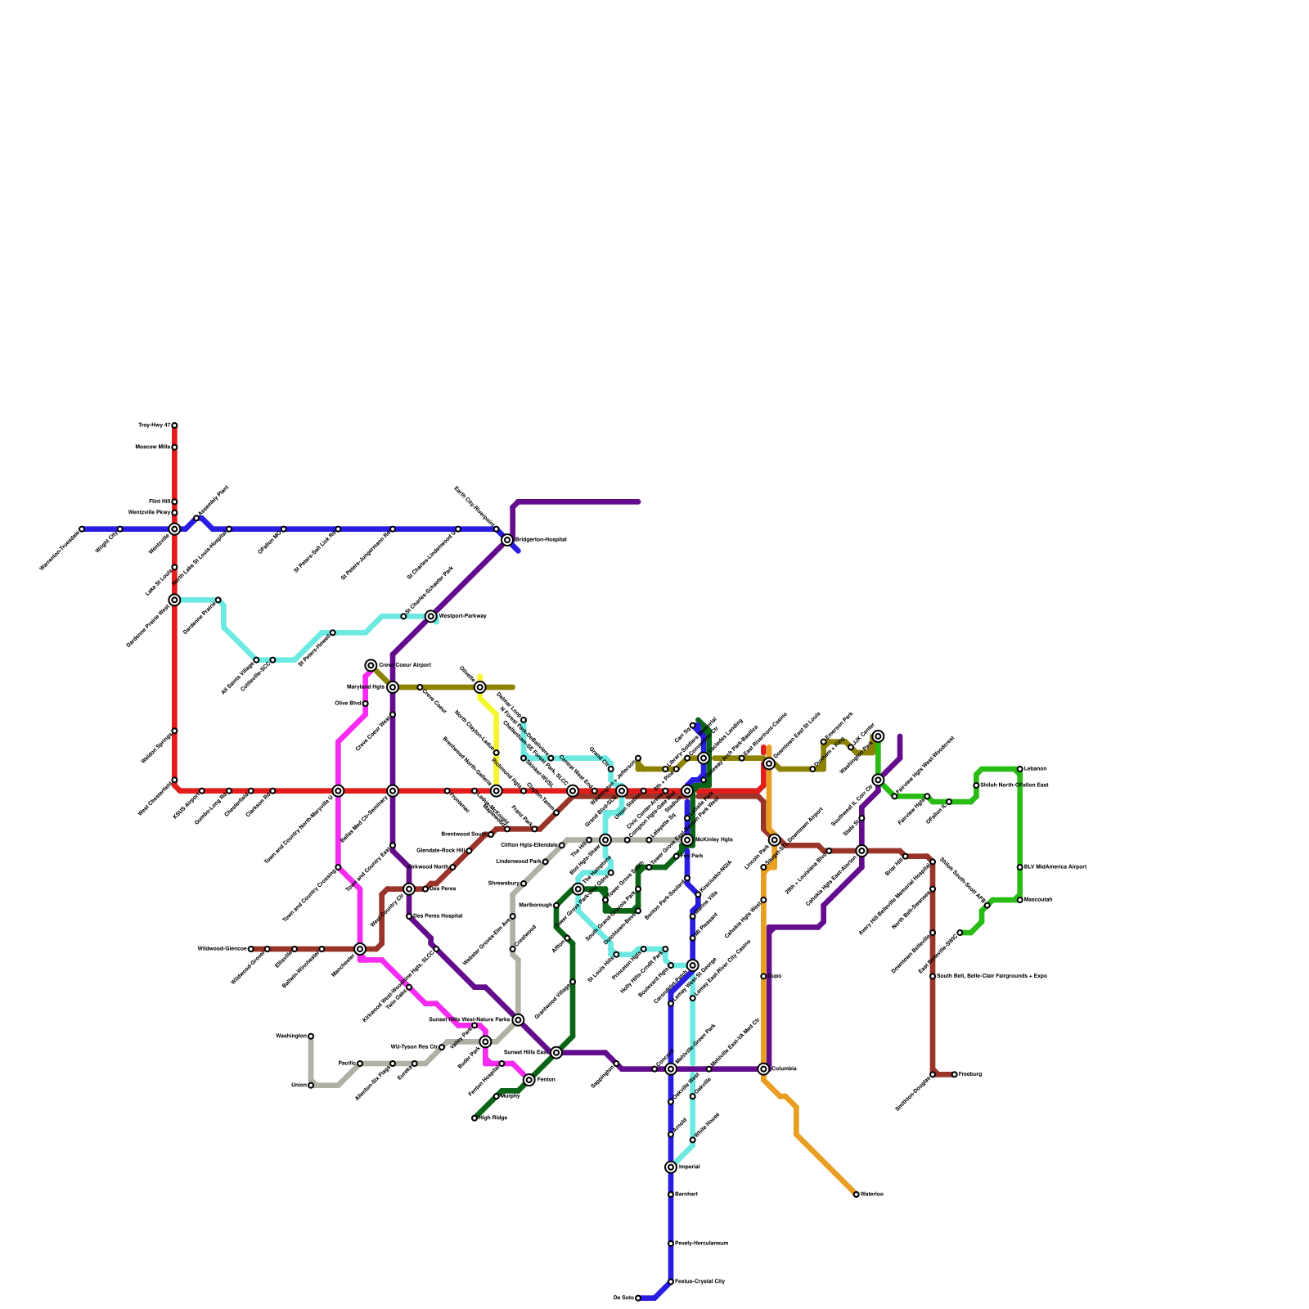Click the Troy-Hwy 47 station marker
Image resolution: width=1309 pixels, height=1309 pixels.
[x=174, y=425]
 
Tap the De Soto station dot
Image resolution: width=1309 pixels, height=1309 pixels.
[x=638, y=1298]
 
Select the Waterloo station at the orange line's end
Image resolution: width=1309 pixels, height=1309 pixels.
[x=856, y=1194]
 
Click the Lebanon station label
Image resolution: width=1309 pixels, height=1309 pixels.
[x=1035, y=769]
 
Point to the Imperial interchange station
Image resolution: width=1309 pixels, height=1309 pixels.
[x=671, y=1167]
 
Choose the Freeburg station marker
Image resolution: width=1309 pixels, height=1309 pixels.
[x=954, y=1074]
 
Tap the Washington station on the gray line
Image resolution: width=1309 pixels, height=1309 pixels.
[x=311, y=1037]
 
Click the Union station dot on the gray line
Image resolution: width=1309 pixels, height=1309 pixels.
[x=311, y=1086]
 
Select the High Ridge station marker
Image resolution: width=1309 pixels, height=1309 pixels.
[x=475, y=1118]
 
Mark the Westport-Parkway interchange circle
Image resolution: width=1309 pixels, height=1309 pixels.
[x=431, y=616]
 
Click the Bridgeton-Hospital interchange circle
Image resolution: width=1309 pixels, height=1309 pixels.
[x=507, y=540]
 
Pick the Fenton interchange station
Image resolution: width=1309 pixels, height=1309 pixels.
[x=529, y=1080]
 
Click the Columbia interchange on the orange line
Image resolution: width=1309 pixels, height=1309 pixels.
[x=763, y=1068]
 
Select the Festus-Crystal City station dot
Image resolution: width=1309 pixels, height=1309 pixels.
[x=671, y=1281]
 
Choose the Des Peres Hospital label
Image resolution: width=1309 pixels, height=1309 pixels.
[x=438, y=916]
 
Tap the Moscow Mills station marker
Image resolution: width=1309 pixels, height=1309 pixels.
[x=174, y=448]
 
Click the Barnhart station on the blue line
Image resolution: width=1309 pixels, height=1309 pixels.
[x=671, y=1194]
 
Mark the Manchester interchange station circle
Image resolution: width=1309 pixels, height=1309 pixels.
[x=360, y=949]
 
